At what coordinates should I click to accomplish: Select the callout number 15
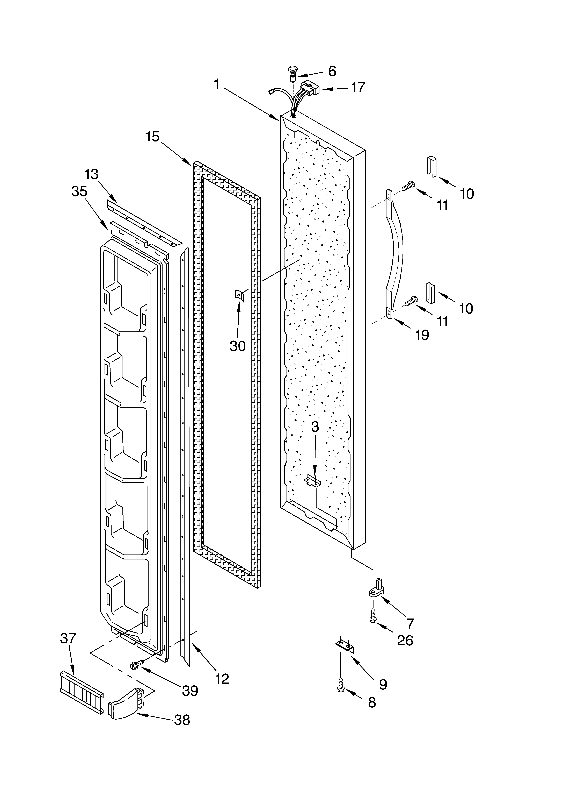pyautogui.click(x=152, y=137)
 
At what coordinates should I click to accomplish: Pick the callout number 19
pyautogui.click(x=422, y=335)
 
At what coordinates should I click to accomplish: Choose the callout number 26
pyautogui.click(x=405, y=640)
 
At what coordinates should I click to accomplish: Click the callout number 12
pyautogui.click(x=222, y=678)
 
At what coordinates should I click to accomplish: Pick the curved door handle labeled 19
pyautogui.click(x=396, y=254)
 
